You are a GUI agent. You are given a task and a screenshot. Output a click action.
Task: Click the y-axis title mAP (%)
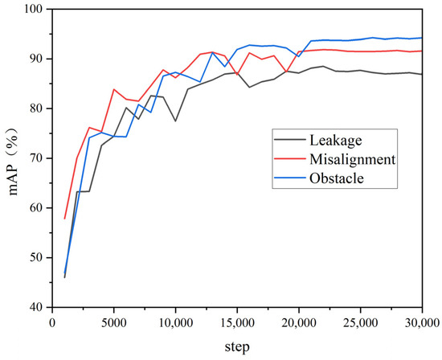(14, 159)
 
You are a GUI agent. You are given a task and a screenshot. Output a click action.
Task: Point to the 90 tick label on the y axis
(36, 59)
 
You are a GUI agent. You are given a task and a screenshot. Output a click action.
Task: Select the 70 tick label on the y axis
(36, 158)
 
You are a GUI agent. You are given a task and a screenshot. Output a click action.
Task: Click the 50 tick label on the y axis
(36, 257)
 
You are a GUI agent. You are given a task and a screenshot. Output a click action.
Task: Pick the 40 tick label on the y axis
(36, 307)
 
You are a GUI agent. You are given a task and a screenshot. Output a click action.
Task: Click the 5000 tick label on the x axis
(113, 321)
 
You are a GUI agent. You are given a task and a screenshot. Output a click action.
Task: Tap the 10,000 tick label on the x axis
(174, 321)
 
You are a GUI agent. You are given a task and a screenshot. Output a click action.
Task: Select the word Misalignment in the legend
(354, 159)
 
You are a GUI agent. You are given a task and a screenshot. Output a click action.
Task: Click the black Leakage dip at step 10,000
(175, 121)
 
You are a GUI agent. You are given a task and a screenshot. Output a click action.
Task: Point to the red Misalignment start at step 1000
(64, 219)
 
